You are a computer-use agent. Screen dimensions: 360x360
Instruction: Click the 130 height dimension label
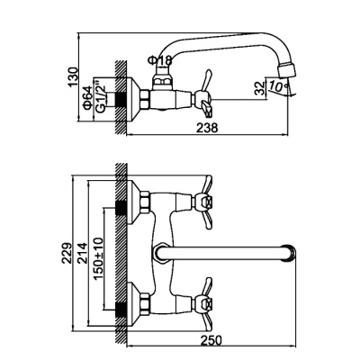[73, 77]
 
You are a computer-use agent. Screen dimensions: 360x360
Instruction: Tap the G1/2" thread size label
[101, 98]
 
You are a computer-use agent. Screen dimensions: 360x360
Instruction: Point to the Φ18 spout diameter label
[160, 60]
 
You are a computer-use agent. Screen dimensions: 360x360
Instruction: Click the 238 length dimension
[207, 128]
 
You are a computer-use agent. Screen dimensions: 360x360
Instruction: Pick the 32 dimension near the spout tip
[260, 88]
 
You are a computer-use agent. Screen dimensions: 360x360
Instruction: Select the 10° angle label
[277, 86]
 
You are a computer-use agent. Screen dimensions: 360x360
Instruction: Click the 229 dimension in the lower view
[67, 253]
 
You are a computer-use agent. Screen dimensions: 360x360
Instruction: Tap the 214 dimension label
[82, 253]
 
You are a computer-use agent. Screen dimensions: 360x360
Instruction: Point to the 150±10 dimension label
[98, 258]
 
